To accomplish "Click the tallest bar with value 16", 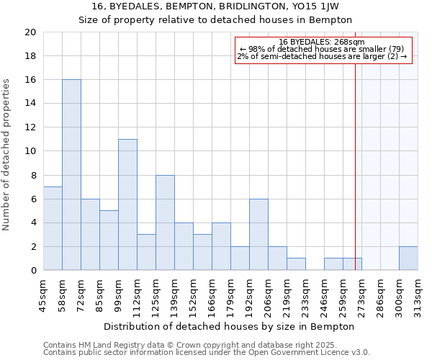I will coord(71,175).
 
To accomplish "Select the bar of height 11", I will coord(127,204).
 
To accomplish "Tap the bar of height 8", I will coord(165,222).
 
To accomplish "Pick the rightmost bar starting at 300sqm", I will coord(408,258).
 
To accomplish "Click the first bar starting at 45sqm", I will coord(53,228).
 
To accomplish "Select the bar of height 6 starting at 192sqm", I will coord(258,235).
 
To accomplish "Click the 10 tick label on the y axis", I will coord(31,151).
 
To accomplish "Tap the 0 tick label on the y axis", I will coord(34,271).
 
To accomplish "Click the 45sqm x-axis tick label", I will coord(44,294).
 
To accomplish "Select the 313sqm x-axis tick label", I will coord(418,294).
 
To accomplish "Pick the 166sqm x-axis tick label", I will coord(212,294).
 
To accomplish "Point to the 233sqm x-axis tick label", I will coord(306,294).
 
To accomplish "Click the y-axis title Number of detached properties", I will coord(7,155).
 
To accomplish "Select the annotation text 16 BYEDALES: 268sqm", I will coord(322,42).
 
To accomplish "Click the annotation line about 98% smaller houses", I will coord(322,49).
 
